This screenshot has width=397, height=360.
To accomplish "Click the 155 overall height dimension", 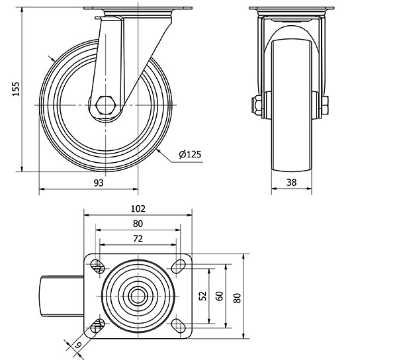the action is [x=16, y=89].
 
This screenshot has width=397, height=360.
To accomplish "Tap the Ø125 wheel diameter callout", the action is [x=190, y=154].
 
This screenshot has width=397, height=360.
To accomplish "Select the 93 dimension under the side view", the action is [x=99, y=183].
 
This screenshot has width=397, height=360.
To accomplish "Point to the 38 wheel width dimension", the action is [x=291, y=182].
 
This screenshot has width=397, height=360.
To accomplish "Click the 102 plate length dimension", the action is [x=138, y=208].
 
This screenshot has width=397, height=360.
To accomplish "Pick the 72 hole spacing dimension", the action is [x=138, y=238].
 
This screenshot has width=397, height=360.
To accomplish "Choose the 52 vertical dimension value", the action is [x=203, y=296].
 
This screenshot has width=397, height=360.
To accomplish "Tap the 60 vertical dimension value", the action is [x=220, y=296].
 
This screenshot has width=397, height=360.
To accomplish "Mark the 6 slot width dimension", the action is [x=78, y=344].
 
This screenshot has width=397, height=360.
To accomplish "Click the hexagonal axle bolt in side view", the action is [x=106, y=105].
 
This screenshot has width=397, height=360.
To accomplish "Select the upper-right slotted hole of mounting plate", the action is [x=178, y=267].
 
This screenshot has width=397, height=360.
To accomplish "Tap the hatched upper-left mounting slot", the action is [x=98, y=267].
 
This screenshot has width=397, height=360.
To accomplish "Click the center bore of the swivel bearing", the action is [x=138, y=296].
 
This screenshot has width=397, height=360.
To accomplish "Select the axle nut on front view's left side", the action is [x=257, y=105].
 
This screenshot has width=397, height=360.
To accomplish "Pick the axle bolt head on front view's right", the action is [x=325, y=105].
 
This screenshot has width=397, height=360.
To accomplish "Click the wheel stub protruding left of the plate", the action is [x=62, y=296].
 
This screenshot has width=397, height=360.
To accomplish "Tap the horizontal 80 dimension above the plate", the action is [x=138, y=224].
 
